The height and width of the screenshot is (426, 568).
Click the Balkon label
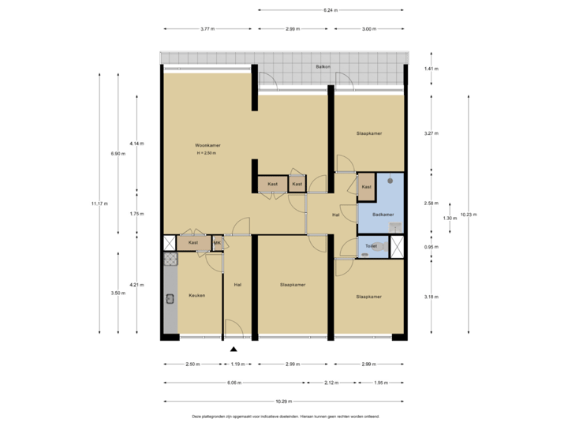click(x=322, y=67)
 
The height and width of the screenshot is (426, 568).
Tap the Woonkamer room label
click(x=208, y=145)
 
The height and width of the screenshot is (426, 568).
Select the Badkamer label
click(x=383, y=214)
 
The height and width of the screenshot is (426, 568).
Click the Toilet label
click(x=370, y=247)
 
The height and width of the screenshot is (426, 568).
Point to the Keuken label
click(x=196, y=295)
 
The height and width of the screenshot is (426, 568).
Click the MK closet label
click(x=217, y=243)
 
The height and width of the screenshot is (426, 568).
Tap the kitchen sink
click(x=170, y=298)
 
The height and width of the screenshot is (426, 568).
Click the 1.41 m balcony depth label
click(x=432, y=69)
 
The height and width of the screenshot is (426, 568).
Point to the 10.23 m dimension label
click(x=469, y=214)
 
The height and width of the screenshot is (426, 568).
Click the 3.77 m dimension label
click(x=207, y=29)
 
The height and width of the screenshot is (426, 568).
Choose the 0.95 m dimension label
click(x=432, y=247)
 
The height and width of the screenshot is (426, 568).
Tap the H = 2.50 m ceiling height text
click(x=206, y=153)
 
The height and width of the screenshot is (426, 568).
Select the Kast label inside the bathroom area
click(x=366, y=187)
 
